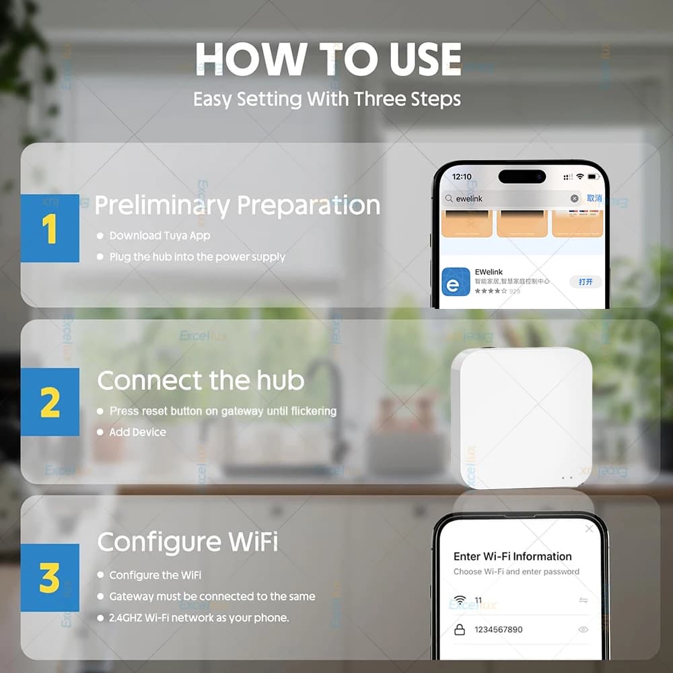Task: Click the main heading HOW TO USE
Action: point(328,60)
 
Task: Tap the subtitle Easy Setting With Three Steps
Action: point(327,99)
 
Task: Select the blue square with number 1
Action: point(50,228)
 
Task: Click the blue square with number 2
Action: point(50,402)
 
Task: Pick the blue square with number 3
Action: point(50,577)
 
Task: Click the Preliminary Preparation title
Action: point(237,205)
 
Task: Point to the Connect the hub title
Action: point(201,381)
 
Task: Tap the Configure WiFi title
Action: point(187,542)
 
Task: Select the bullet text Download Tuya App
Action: point(160,236)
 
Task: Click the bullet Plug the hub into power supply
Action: point(197,257)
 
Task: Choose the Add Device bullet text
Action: point(137,432)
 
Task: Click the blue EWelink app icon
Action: point(456,281)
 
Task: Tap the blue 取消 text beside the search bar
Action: point(594,199)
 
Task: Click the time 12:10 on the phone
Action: point(462,176)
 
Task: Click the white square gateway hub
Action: point(522,417)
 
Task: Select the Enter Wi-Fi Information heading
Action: point(512,557)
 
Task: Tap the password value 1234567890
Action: point(498,629)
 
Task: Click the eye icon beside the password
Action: point(583,629)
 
